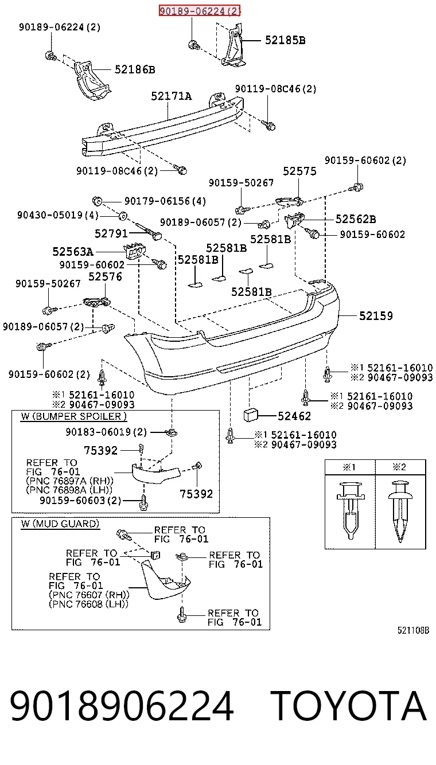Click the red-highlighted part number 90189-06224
click(200, 11)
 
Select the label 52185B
click(285, 40)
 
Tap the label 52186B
click(135, 69)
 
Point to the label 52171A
click(172, 96)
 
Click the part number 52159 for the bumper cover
click(376, 316)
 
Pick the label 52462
click(294, 416)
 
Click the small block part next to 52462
click(251, 416)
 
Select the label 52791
click(111, 233)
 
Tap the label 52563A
click(73, 252)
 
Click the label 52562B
click(356, 219)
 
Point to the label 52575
click(299, 171)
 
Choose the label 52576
click(105, 276)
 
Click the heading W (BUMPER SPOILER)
click(73, 416)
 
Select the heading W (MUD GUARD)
click(60, 524)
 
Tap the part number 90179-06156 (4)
click(165, 201)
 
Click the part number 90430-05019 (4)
click(58, 215)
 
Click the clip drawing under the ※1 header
click(351, 510)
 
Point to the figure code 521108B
click(413, 630)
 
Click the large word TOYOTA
click(348, 705)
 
